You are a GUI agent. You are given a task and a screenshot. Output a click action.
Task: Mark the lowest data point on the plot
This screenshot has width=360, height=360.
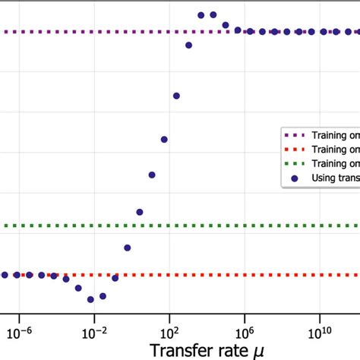[x=90, y=299]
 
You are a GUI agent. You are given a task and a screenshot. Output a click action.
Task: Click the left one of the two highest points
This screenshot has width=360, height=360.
[x=201, y=14]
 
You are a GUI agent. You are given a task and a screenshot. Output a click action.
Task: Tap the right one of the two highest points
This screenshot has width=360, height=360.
[x=213, y=14]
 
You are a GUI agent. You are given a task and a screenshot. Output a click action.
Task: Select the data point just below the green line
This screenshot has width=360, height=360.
[x=127, y=248]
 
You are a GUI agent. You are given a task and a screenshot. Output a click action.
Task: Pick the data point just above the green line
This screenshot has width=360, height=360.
[x=139, y=212]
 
